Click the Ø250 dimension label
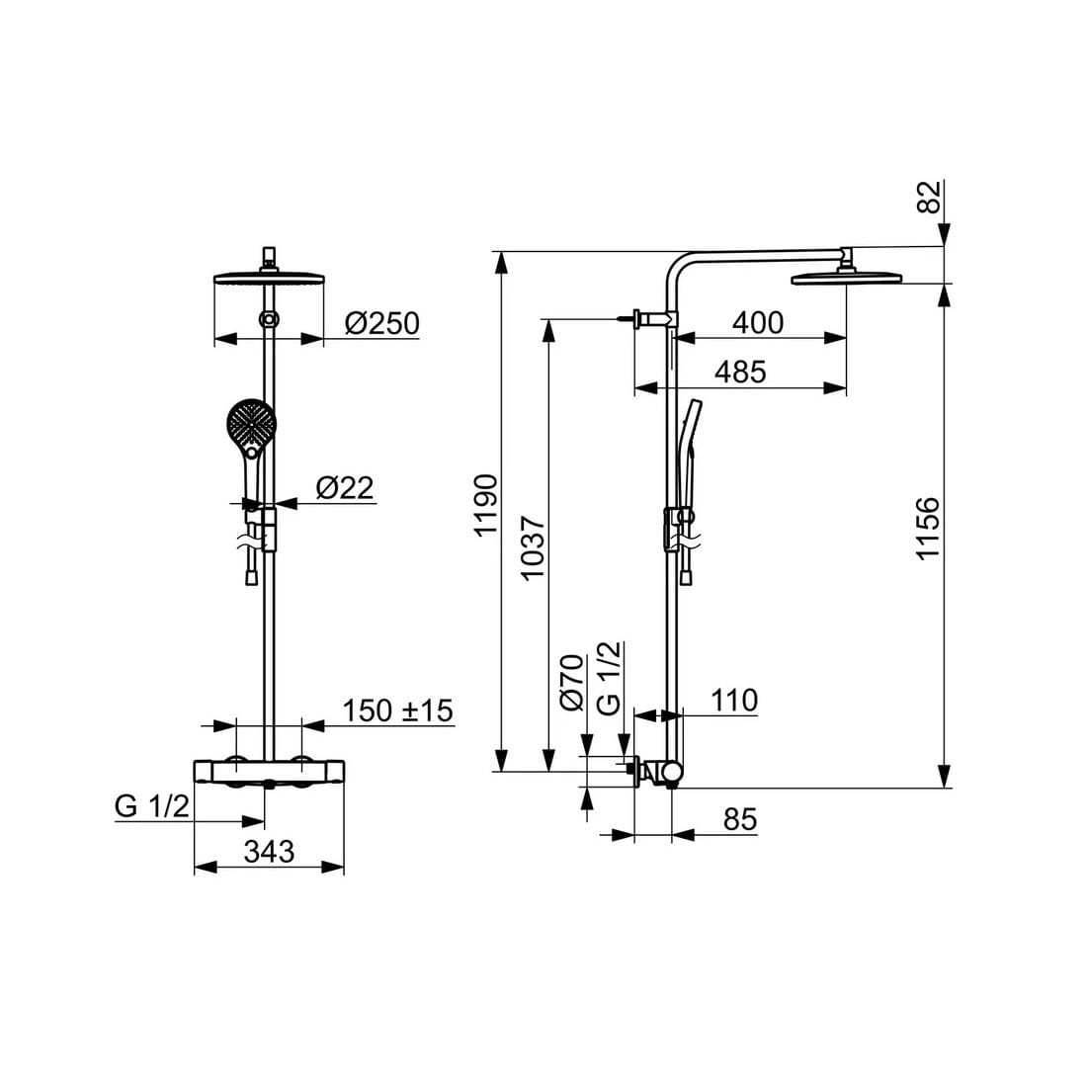[x=382, y=324]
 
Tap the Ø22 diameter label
[x=345, y=488]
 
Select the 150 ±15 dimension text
[x=398, y=711]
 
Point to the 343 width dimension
[x=269, y=851]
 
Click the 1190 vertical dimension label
[x=486, y=505]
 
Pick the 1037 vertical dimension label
[x=533, y=547]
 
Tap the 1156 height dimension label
[x=927, y=528]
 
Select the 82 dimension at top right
[x=930, y=197]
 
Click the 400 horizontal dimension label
[x=758, y=322]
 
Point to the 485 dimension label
[x=740, y=373]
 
